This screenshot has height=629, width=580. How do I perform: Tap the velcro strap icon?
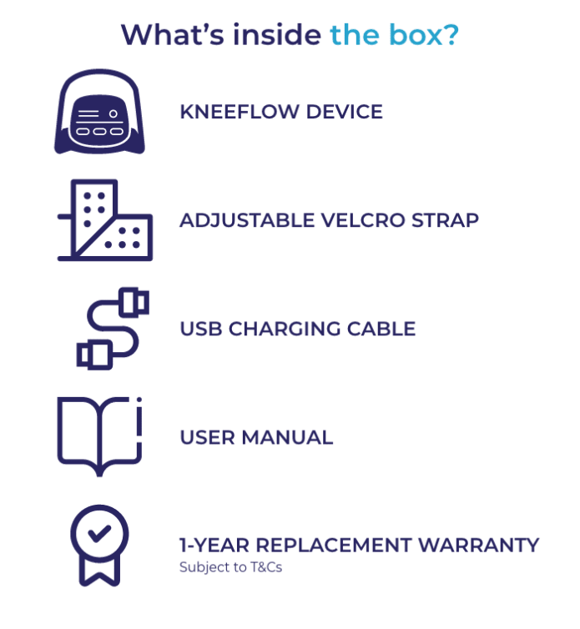point(105,220)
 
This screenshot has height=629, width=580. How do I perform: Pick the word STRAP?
point(446,220)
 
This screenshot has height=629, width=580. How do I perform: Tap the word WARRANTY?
point(478,546)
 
